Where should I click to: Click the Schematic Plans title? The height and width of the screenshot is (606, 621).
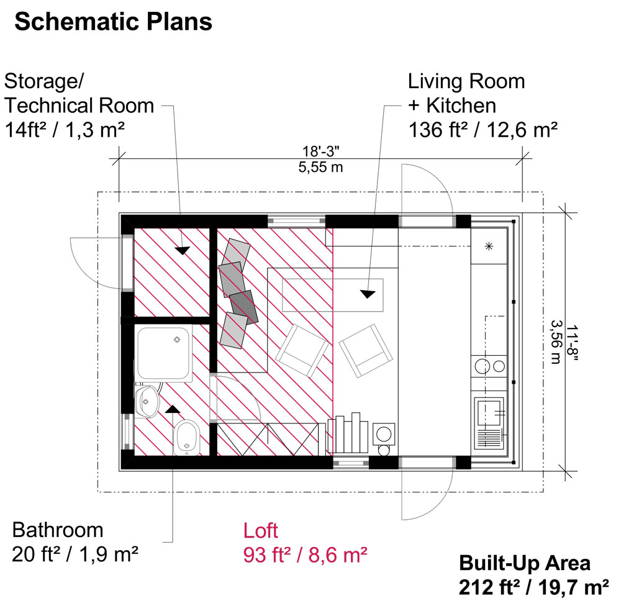[113, 22]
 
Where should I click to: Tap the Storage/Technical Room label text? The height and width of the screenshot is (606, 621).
[79, 106]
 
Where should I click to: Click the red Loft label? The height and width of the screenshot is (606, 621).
[261, 531]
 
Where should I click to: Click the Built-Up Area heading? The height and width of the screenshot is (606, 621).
[525, 563]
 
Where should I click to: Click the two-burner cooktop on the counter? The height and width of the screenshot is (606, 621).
[489, 366]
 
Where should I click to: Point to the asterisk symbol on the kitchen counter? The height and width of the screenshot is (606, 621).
[489, 246]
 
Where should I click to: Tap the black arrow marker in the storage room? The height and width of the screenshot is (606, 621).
[181, 250]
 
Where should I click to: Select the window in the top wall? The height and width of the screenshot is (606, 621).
[296, 220]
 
